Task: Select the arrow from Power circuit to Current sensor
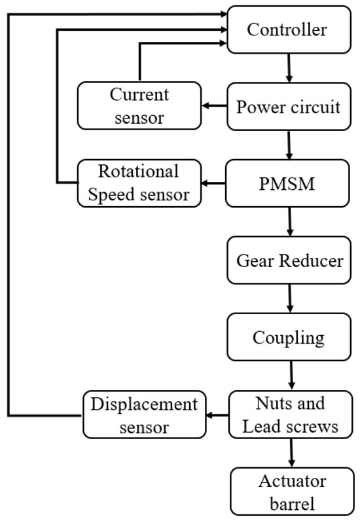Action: point(212,106)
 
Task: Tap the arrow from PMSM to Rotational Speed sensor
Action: point(212,184)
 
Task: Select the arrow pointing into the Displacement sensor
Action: point(217,415)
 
